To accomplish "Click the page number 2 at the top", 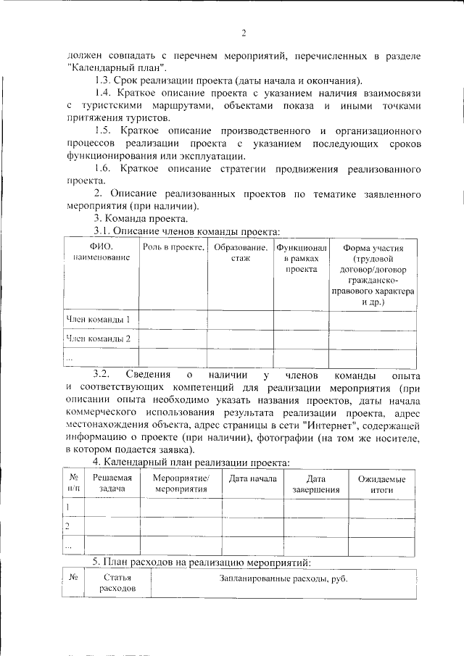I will pyautogui.click(x=244, y=33).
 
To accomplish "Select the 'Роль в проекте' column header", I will pyautogui.click(x=172, y=248).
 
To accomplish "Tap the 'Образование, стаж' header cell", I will pyautogui.click(x=240, y=253).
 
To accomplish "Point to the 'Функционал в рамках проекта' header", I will pyautogui.click(x=301, y=258).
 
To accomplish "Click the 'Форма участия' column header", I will pyautogui.click(x=373, y=275).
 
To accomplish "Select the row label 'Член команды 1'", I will pyautogui.click(x=98, y=319).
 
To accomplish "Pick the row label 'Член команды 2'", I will pyautogui.click(x=98, y=339).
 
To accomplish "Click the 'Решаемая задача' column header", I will pyautogui.click(x=112, y=484).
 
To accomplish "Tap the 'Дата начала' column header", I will pyautogui.click(x=252, y=479).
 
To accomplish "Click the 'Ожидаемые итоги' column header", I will pyautogui.click(x=382, y=484).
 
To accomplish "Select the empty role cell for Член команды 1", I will pyautogui.click(x=172, y=320).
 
